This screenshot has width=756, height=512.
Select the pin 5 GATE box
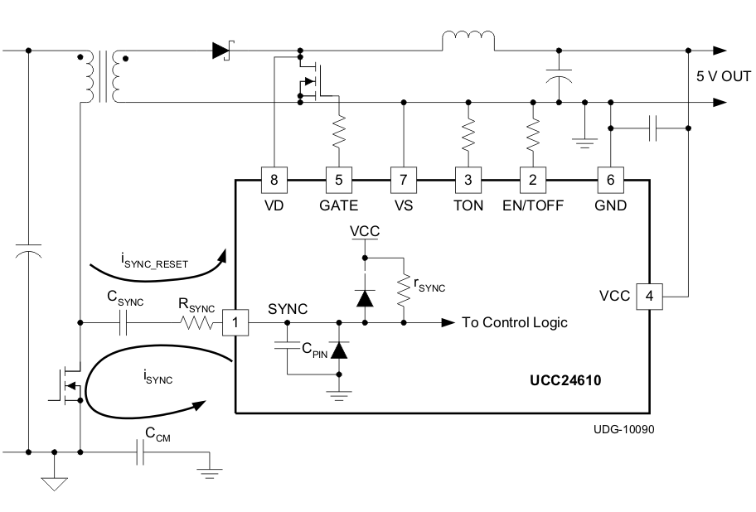click(337, 178)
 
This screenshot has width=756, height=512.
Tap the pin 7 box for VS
click(403, 178)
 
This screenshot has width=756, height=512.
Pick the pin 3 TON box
click(468, 178)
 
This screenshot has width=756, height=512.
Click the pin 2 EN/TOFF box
click(532, 178)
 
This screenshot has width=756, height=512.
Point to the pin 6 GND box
click(610, 178)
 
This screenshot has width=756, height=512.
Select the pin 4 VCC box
click(647, 295)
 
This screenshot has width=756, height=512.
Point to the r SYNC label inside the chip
click(429, 287)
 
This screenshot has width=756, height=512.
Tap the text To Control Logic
click(514, 322)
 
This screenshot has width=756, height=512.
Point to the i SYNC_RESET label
click(157, 264)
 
